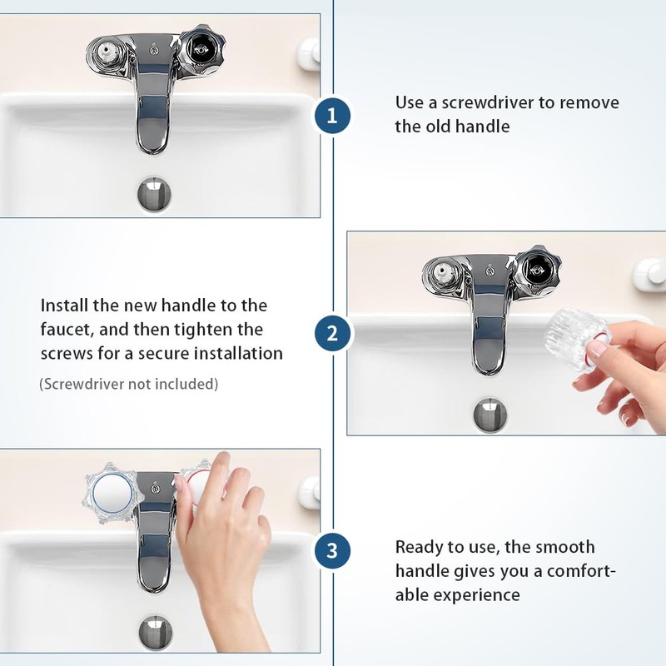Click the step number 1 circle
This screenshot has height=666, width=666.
tap(332, 116)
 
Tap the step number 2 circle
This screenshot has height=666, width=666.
tap(332, 334)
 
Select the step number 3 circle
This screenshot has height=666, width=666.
tap(332, 550)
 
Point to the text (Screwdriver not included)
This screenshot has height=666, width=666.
tap(129, 384)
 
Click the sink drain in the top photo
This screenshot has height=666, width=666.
tap(155, 193)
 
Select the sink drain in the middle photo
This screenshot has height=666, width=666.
tap(490, 414)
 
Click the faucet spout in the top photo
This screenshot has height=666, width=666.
tap(152, 117)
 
